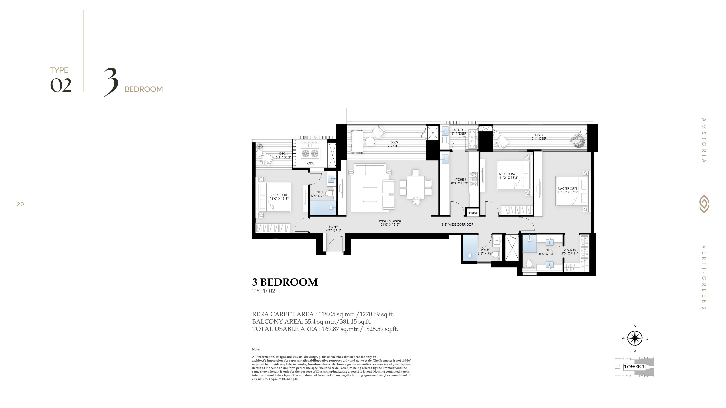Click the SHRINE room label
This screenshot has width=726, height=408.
click(x=473, y=213)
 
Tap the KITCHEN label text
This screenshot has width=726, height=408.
click(x=460, y=179)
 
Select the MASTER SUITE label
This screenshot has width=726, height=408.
click(x=568, y=188)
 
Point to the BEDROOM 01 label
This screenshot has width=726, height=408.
click(x=509, y=174)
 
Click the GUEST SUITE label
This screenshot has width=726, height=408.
click(x=279, y=195)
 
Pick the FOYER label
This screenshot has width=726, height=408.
click(x=334, y=227)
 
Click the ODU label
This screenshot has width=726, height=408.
click(x=311, y=163)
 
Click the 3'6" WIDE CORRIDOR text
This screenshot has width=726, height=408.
click(x=457, y=224)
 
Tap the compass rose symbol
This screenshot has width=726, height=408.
click(x=635, y=338)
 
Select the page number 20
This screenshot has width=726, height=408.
click(x=20, y=204)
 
